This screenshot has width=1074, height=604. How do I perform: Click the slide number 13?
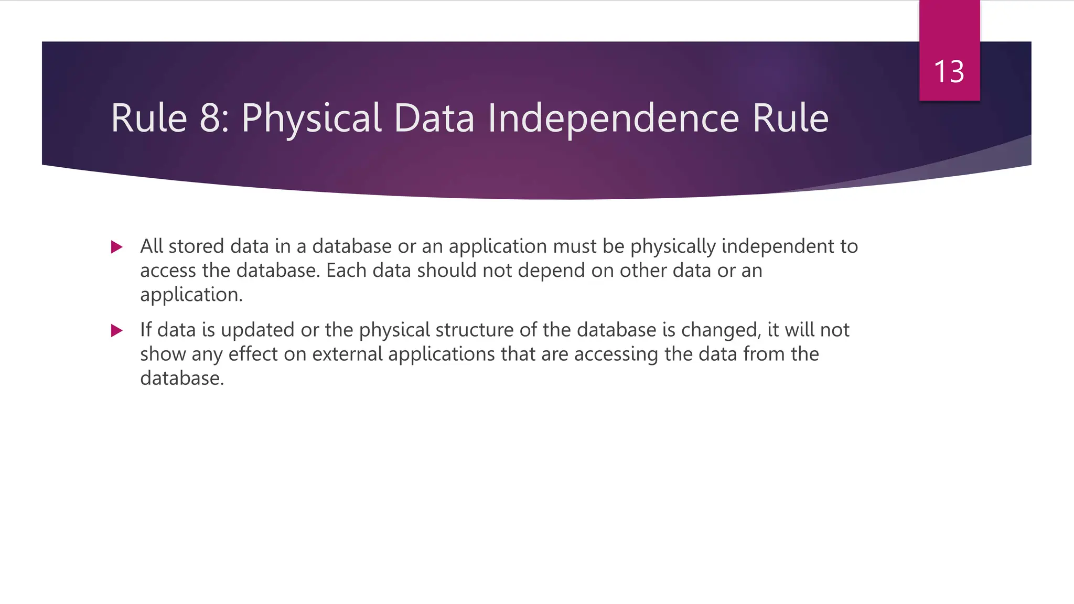949,72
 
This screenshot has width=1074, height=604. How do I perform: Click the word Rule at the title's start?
149,118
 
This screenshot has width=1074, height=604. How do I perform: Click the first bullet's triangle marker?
117,247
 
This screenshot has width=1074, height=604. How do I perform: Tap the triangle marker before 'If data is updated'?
117,330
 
